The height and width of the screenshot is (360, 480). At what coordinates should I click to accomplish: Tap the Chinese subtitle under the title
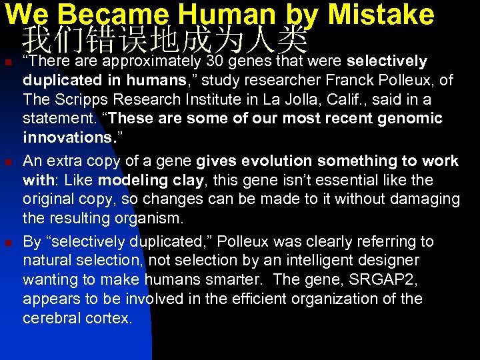(165, 41)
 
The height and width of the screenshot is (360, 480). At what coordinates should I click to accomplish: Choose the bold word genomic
(414, 119)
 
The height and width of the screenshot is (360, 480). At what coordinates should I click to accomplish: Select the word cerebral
(52, 318)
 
